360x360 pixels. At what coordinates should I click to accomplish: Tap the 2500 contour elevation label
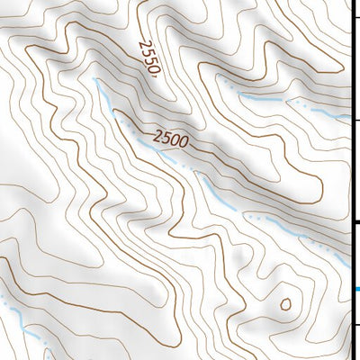pos(171,139)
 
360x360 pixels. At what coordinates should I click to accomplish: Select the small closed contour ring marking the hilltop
pos(286,303)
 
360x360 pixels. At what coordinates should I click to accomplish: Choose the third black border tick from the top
pos(355,222)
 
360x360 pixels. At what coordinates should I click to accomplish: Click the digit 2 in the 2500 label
pos(158,140)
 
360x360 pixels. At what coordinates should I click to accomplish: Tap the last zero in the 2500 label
pos(184,138)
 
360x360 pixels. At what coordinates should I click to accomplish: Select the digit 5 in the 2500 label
pos(166,139)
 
